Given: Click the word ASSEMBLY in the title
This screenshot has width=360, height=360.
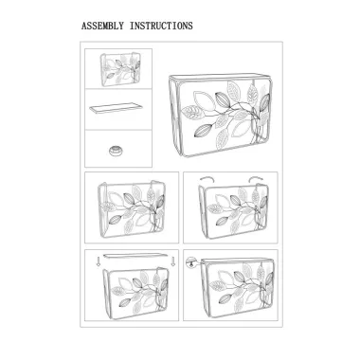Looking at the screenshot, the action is point(102,26).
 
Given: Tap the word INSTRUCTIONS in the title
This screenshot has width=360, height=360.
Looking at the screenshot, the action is point(161,26).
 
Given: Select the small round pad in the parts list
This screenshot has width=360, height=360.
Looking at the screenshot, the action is point(116,151).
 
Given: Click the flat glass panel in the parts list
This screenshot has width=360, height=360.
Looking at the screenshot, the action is point(116,108).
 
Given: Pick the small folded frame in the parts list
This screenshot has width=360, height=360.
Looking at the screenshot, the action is point(120,70).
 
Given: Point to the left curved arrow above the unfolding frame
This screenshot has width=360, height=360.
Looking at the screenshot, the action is point(207,180).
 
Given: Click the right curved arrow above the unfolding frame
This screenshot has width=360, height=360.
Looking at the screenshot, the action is point(256,180).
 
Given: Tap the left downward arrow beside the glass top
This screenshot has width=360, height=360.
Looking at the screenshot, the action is point(99,261).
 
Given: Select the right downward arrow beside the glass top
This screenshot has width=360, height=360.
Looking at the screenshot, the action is point(172,261).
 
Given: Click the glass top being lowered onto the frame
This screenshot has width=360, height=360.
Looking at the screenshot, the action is point(135,256).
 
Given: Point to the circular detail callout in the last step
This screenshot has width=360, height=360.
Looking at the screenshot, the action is point(190,261).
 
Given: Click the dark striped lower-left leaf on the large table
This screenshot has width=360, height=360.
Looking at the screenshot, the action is point(203,131).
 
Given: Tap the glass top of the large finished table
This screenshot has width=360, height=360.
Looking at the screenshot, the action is point(220,77).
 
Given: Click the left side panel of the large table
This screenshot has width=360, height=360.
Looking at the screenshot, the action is point(174,116).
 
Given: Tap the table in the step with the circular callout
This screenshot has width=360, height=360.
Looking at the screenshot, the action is point(237,287).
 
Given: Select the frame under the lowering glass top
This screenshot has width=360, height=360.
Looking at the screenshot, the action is point(135,293).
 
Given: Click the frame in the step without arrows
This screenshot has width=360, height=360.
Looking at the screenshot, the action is point(132,209).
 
